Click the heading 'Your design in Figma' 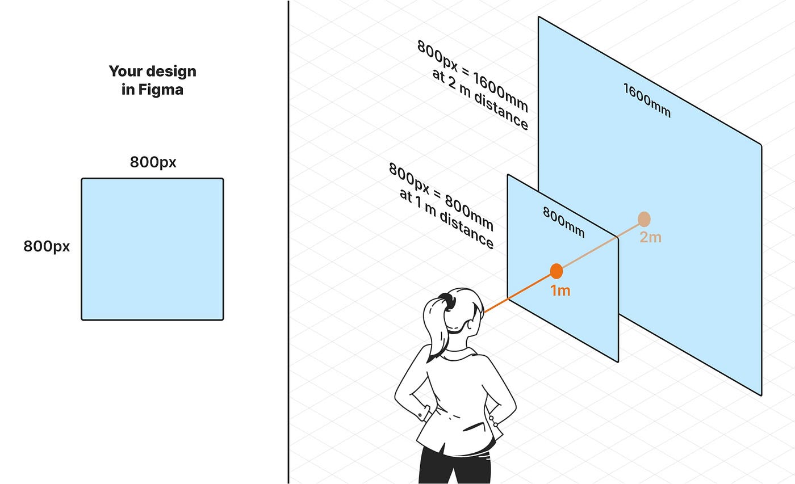click(x=152, y=80)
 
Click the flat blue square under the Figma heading click(x=152, y=249)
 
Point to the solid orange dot click(x=556, y=271)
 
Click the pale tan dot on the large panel click(x=643, y=219)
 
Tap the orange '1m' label click(x=560, y=291)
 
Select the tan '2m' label click(x=650, y=237)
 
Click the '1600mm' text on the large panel click(x=647, y=100)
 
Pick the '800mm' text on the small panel click(x=563, y=222)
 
